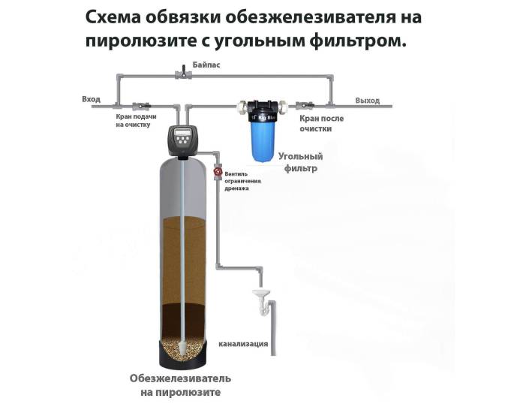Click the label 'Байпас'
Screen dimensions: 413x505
click(206, 65)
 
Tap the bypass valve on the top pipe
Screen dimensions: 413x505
click(181, 74)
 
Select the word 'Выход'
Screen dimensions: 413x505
click(367, 100)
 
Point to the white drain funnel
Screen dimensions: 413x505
click(260, 292)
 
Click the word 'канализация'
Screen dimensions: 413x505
click(243, 344)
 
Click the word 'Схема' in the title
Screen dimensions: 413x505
click(113, 17)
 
